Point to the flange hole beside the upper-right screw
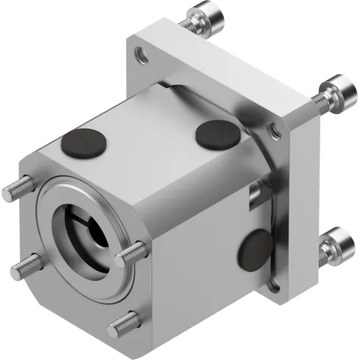275,131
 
